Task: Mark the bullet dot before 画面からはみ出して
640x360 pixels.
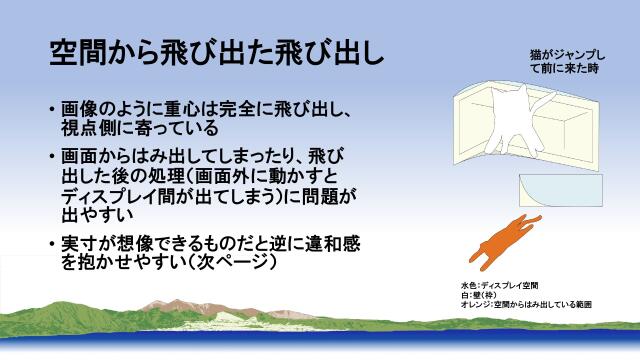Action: click(x=52, y=156)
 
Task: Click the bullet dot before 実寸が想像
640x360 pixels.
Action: click(x=52, y=244)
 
